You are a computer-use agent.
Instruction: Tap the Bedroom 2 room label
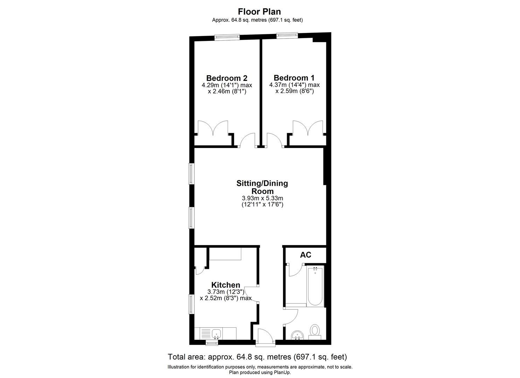coord(227,78)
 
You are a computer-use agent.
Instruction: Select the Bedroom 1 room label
coord(294,78)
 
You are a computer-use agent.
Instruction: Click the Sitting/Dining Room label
coord(262,187)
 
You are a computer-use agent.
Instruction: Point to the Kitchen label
coord(226,285)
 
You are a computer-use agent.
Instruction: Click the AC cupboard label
coord(305,255)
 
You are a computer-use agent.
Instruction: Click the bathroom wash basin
coord(298,334)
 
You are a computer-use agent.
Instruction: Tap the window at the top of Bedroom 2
coord(227,37)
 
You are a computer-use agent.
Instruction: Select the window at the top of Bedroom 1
coord(287,35)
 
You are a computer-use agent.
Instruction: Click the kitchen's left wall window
coord(191,303)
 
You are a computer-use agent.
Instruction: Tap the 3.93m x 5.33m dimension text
coord(262,198)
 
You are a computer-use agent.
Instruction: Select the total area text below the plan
coord(257,357)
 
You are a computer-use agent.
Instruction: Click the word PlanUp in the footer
coord(283,372)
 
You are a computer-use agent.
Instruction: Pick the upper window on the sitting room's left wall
coord(191,174)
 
